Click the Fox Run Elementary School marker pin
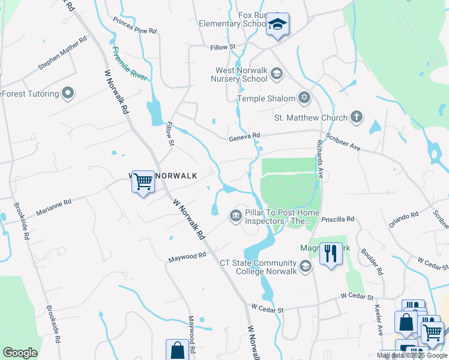point(277,25)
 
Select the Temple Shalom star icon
point(304,98)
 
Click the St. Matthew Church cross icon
point(357,117)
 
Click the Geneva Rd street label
point(244,137)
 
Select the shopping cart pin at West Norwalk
point(143,181)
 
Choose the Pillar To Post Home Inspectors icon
point(235,215)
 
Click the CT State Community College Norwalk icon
point(306,266)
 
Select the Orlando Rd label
point(403,219)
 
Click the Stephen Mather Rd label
point(62,53)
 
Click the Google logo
point(20,353)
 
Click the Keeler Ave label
point(379,322)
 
